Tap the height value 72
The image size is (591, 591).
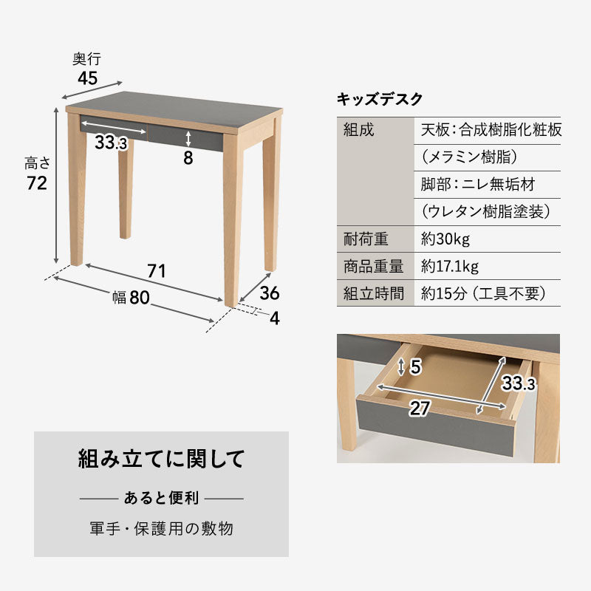pyautogui.click(x=37, y=183)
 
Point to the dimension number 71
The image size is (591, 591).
pyautogui.click(x=156, y=270)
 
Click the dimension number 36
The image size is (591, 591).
pyautogui.click(x=270, y=293)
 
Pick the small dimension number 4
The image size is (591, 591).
pyautogui.click(x=274, y=319)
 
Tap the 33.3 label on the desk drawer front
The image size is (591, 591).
pyautogui.click(x=111, y=143)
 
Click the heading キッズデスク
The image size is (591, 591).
pyautogui.click(x=380, y=99)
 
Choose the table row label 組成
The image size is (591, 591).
pyautogui.click(x=359, y=131)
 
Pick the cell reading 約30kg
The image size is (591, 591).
pyautogui.click(x=445, y=239)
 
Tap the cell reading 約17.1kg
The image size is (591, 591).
pyautogui.click(x=450, y=267)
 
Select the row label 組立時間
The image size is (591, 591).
pyautogui.click(x=374, y=293)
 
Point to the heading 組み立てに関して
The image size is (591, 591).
pyautogui.click(x=161, y=459)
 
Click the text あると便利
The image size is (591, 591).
pyautogui.click(x=161, y=499)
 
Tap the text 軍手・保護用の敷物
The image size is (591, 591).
pyautogui.click(x=161, y=529)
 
